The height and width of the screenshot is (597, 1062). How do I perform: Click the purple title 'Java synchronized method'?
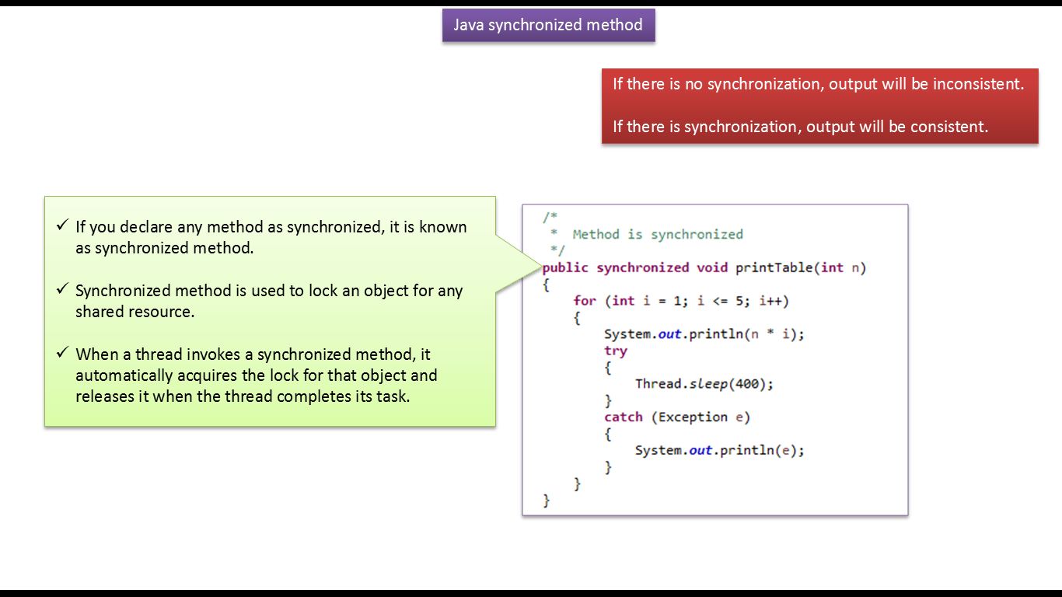548,25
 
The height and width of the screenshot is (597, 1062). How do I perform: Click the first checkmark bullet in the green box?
62,226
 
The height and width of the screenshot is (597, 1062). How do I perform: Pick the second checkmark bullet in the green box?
62,290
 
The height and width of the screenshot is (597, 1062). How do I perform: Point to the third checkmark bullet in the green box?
62,354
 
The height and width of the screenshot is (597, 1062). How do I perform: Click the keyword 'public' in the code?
565,267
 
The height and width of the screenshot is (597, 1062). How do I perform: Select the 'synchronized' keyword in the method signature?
642,267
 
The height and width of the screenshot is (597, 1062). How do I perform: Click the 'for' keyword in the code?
585,301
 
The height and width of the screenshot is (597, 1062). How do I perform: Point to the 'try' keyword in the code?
615,351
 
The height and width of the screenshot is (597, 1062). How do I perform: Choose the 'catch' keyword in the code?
624,417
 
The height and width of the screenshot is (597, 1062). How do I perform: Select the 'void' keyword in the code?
711,267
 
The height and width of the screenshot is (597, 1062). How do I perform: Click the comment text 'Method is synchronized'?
658,234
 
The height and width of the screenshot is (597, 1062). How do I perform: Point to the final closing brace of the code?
546,501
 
